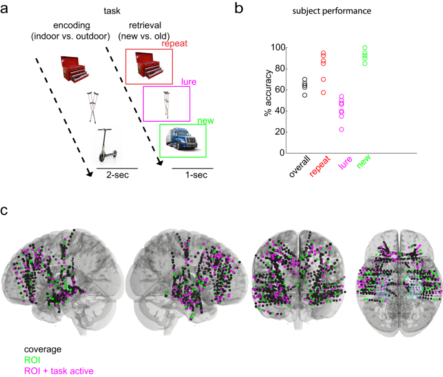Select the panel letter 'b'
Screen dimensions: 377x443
[238, 8]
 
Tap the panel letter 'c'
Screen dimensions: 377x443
[6, 211]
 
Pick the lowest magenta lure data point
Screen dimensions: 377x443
[341, 130]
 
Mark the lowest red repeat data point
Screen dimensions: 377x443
[323, 93]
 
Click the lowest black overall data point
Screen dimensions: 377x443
[305, 95]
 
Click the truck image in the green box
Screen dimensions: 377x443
[182, 141]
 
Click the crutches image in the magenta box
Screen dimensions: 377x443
[166, 104]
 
